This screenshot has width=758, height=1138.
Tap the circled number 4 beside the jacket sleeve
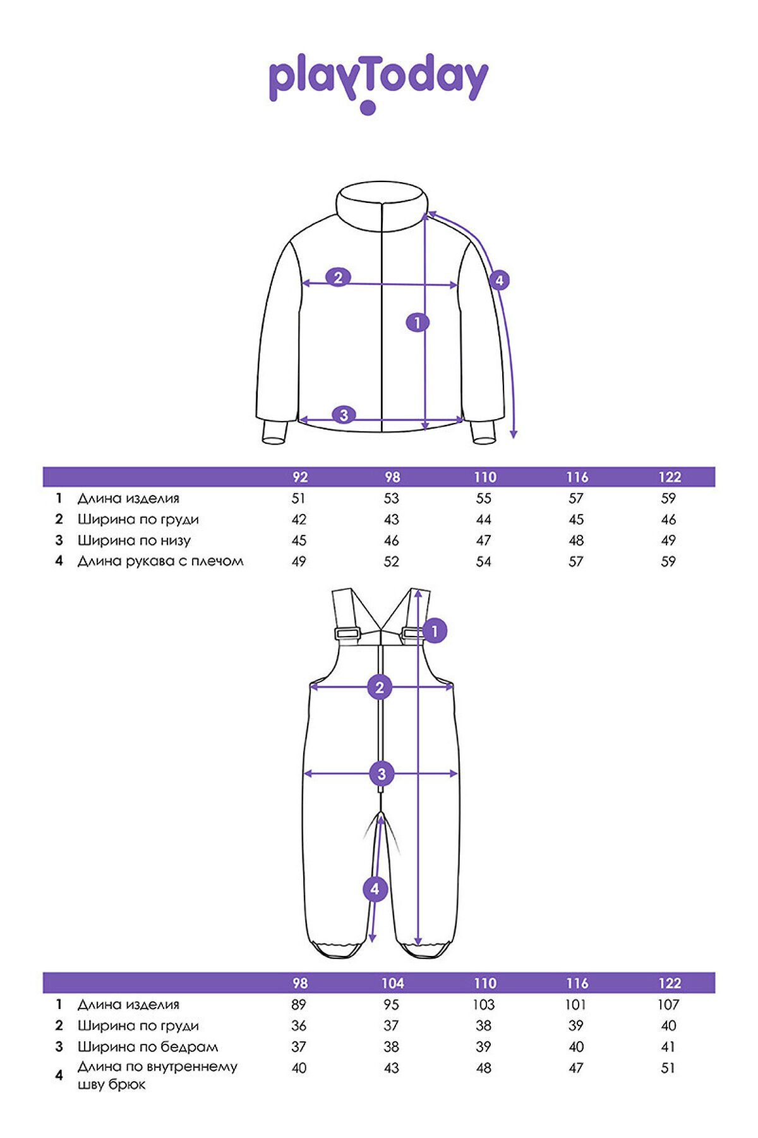point(499,280)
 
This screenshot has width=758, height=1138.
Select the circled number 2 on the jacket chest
point(338,277)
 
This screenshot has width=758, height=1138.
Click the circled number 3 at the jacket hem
point(344,415)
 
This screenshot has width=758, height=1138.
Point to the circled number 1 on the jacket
point(417,322)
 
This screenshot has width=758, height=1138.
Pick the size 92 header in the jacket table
point(300,477)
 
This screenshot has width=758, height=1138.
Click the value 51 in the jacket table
point(299,498)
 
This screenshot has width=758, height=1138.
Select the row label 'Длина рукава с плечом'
point(160,561)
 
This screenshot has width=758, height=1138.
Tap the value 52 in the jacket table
point(392,561)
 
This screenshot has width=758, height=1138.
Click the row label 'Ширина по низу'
point(134,541)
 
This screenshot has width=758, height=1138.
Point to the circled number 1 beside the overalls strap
point(435,631)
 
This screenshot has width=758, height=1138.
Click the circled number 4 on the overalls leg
point(375,889)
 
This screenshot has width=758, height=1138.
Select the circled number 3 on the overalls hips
point(381,773)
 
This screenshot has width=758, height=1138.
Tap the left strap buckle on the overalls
point(347,633)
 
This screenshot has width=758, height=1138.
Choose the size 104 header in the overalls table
point(392,983)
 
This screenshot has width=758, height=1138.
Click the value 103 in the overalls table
point(484,1005)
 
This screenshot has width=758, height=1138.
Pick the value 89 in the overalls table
point(299,1005)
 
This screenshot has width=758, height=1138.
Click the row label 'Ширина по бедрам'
point(148,1046)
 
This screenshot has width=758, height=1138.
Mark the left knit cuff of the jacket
point(275,432)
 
